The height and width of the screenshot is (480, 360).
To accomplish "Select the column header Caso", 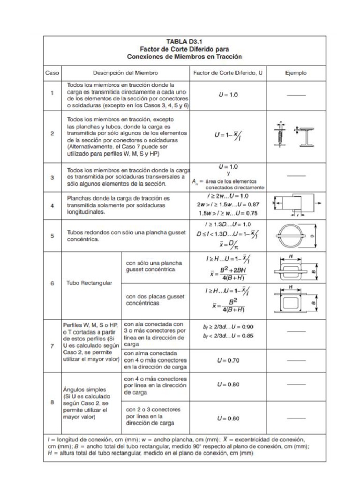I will point(51,73).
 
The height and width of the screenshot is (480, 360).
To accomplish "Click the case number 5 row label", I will point(52,236).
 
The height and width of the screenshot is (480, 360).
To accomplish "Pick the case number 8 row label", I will point(52,402).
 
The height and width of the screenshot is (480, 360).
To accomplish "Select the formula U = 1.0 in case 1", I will point(228,95).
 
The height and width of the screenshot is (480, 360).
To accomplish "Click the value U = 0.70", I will point(228,360).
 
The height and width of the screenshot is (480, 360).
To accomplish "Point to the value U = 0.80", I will point(228,384).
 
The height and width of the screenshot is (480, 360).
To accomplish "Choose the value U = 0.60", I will point(228,418).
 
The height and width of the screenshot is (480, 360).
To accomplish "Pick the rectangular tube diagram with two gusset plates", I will point(295,302).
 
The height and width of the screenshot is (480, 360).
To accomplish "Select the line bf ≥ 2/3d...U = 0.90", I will point(228,326).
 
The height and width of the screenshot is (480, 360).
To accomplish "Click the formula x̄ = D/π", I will point(228,244).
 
